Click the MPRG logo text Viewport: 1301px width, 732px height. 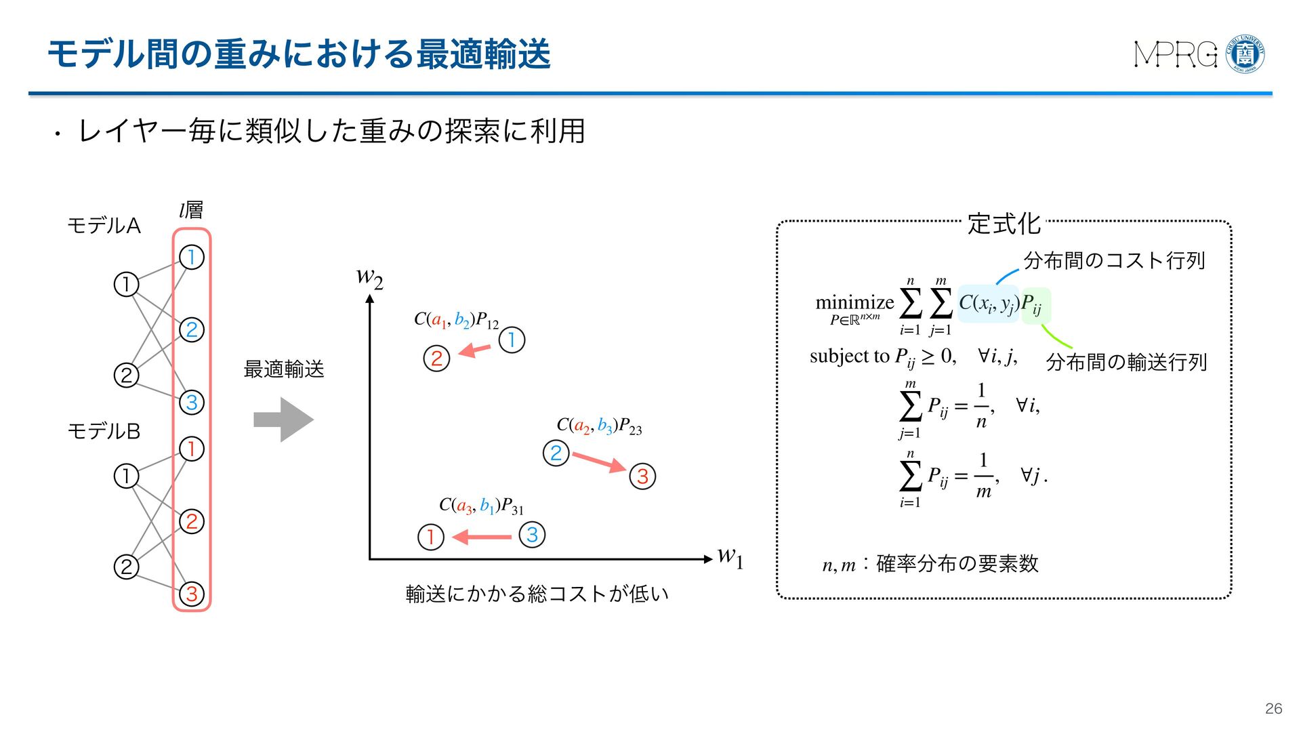pos(1175,55)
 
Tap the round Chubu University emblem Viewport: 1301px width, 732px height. pos(1245,54)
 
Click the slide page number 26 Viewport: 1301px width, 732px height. pos(1273,708)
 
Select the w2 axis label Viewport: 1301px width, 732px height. pos(369,277)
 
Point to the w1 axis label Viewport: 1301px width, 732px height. pos(730,558)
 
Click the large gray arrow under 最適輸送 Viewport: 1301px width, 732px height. pos(283,420)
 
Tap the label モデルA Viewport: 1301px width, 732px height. pos(104,226)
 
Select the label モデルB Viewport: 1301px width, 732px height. pos(104,431)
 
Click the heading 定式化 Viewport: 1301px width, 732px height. pos(1004,224)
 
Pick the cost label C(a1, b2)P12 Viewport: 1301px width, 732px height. pos(456,320)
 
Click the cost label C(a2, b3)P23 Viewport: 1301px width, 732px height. pos(599,426)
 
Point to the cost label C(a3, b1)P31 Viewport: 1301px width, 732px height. pos(481,506)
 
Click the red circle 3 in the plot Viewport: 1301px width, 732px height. pos(642,476)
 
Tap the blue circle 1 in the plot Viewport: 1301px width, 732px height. pos(512,340)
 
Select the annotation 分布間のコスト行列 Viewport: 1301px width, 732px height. pos(1114,260)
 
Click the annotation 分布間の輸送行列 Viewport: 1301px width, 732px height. pos(1126,362)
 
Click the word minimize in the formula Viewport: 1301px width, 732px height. pos(854,302)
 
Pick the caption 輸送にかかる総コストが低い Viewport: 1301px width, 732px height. pos(537,594)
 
